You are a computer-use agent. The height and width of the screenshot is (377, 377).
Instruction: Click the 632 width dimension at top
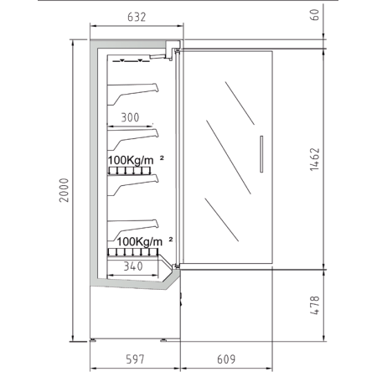[x=137, y=18]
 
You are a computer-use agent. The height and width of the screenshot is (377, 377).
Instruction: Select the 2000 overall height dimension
[x=64, y=190]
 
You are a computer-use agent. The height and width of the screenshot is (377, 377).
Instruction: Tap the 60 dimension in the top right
[x=314, y=15]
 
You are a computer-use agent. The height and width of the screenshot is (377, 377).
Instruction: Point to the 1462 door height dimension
[x=314, y=159]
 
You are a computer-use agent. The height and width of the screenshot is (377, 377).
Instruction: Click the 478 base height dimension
[x=315, y=305]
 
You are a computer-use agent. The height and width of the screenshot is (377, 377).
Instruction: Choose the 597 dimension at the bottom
[x=135, y=359]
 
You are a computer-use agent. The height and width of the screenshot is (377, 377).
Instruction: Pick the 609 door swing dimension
[x=226, y=359]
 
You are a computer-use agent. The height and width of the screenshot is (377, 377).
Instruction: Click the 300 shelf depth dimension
[x=130, y=117]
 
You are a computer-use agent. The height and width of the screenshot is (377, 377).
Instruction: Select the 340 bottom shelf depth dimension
[x=133, y=266]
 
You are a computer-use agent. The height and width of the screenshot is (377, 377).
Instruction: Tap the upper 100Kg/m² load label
[x=136, y=160]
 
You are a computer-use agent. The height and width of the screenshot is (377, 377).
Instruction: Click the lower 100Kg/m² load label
[x=145, y=241]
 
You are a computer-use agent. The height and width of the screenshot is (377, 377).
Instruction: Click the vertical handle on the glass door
[x=261, y=154]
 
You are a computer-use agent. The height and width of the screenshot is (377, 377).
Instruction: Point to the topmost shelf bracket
[x=133, y=93]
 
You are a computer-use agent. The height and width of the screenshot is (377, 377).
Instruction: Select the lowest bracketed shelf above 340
[x=133, y=230]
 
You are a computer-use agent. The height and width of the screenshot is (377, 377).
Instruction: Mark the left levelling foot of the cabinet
[x=93, y=340]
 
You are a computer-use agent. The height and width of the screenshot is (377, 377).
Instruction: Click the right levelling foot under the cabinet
[x=163, y=340]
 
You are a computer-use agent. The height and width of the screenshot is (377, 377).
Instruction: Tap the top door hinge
[x=177, y=51]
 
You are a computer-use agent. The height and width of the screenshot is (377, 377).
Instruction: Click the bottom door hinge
[x=176, y=266]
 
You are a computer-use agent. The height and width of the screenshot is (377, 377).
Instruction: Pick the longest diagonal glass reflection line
[x=229, y=157]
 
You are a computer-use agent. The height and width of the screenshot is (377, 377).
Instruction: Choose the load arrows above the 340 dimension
[x=133, y=252]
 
